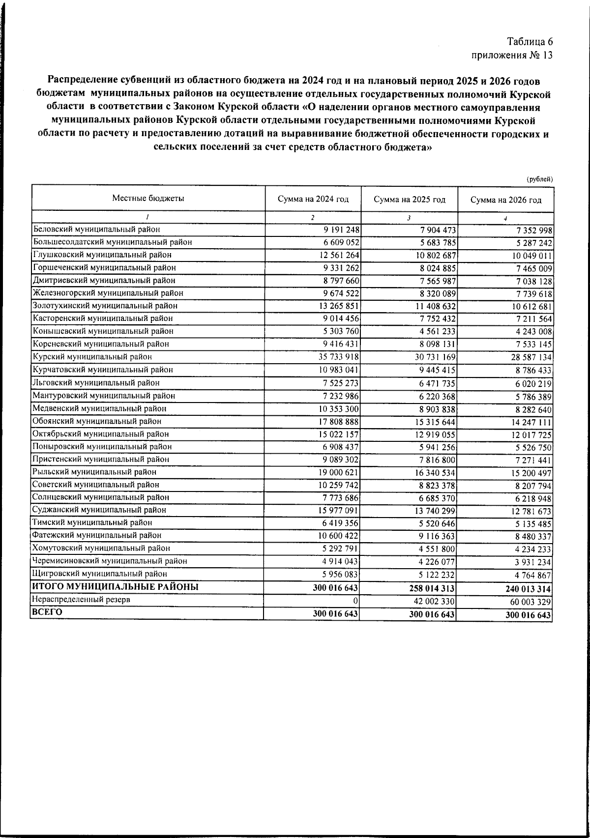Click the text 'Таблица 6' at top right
tap(530, 42)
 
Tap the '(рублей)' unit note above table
tap(539, 179)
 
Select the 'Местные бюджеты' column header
tap(148, 199)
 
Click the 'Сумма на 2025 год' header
tap(410, 200)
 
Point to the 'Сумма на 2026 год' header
tap(506, 200)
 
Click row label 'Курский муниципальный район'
tap(92, 357)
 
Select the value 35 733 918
tap(336, 357)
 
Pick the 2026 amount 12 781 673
tap(528, 512)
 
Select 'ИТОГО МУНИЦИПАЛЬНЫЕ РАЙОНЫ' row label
tap(115, 587)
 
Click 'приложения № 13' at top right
tap(512, 55)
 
